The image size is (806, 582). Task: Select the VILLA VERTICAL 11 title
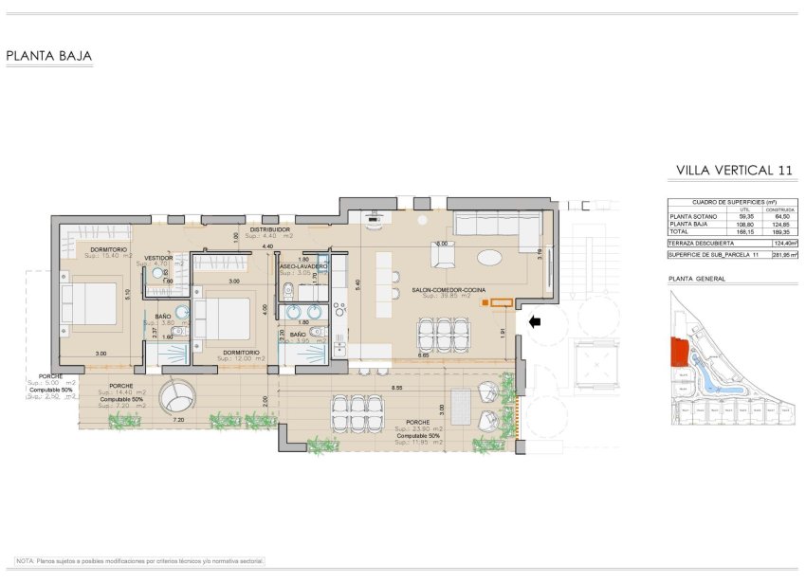point(733,171)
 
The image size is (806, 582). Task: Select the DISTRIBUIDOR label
point(270,229)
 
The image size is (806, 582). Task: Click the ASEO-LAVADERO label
point(303,266)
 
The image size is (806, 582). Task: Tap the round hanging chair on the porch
point(176,397)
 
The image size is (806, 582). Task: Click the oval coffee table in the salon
point(490,257)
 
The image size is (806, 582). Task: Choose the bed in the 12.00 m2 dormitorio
point(225,316)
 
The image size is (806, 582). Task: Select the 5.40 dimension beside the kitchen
point(357,282)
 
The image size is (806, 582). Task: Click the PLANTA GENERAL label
point(697,279)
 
